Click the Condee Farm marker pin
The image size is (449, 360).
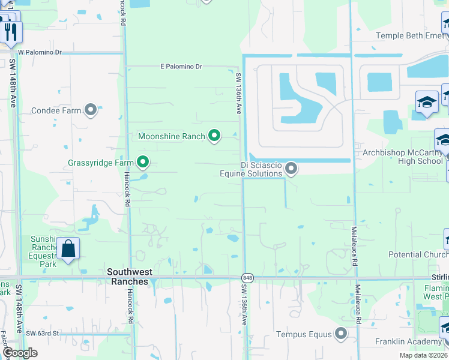tap(91, 110)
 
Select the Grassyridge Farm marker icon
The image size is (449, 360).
tap(143, 162)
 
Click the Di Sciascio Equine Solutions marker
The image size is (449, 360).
tap(291, 169)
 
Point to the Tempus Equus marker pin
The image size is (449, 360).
tap(341, 334)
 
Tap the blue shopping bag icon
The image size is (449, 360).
tap(68, 249)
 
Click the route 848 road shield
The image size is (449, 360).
tap(247, 277)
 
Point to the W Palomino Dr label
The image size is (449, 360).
tap(40, 52)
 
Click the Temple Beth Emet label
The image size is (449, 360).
tap(410, 35)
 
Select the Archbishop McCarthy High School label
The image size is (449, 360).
tap(402, 157)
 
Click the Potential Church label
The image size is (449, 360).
tap(418, 254)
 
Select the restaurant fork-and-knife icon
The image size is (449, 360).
tap(10, 31)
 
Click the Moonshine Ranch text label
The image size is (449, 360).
tap(172, 136)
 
